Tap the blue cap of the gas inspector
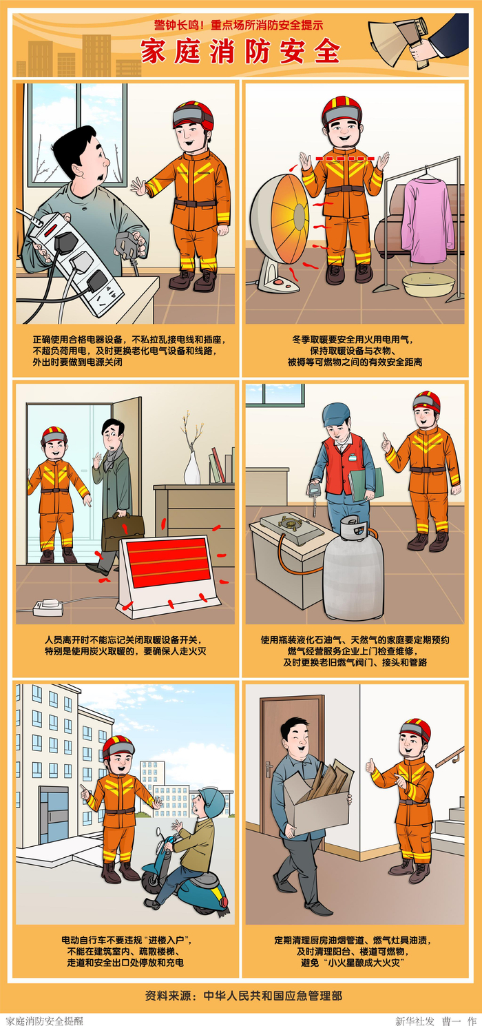point(336,413)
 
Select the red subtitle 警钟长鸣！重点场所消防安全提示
point(239,26)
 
